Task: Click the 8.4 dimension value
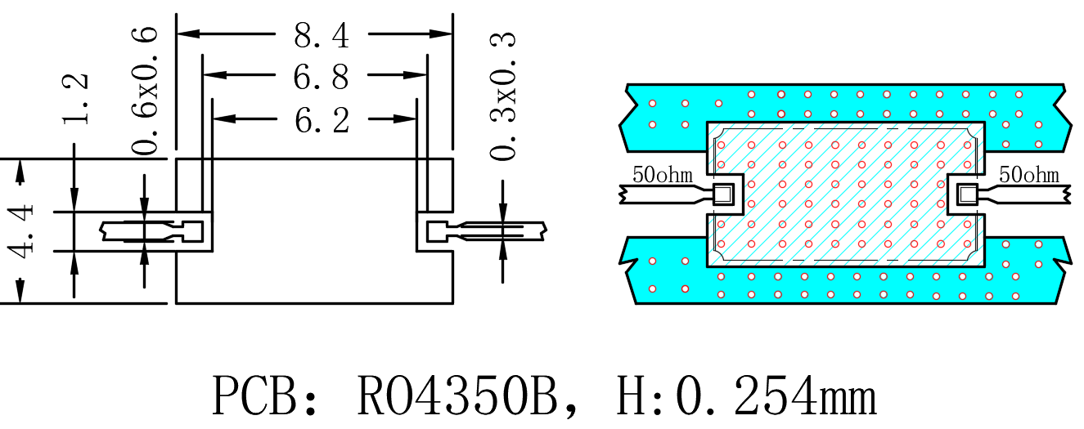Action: coord(322,35)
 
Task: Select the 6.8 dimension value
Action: coord(321,77)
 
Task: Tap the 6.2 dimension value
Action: coord(322,120)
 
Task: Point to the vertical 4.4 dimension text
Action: coord(20,231)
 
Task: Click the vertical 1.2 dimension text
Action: coord(75,99)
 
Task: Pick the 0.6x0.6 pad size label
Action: coord(145,91)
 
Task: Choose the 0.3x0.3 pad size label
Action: coord(503,96)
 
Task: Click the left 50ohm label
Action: coord(663,174)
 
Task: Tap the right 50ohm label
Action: coord(1029,174)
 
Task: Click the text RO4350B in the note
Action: coord(457,395)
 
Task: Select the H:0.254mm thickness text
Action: coord(746,395)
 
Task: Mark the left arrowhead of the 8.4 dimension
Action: coord(189,34)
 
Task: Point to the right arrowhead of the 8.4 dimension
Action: coord(441,34)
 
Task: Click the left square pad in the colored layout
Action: coord(724,194)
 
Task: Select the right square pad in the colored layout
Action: coord(967,194)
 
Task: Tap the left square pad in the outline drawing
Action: coord(192,231)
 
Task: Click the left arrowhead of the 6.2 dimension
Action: coord(224,118)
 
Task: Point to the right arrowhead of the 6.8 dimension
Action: coord(416,75)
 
